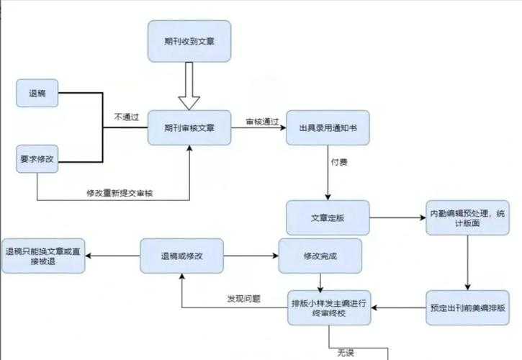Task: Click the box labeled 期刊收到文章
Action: coord(189,41)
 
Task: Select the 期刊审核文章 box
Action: coord(189,128)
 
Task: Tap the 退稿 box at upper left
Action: coord(37,94)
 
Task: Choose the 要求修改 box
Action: coord(37,159)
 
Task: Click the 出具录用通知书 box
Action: coord(328,128)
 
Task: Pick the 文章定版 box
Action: coord(328,217)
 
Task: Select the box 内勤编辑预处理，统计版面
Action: coord(467,217)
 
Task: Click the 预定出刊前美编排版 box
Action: coord(467,307)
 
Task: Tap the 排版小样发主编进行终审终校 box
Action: coord(328,307)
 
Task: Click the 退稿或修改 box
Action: coord(181,256)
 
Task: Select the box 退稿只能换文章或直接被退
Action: coord(43,256)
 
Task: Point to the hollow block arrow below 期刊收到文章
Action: coord(189,84)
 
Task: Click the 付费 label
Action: coord(339,164)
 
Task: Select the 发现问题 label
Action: coord(243,298)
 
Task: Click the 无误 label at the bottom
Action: coord(345,352)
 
